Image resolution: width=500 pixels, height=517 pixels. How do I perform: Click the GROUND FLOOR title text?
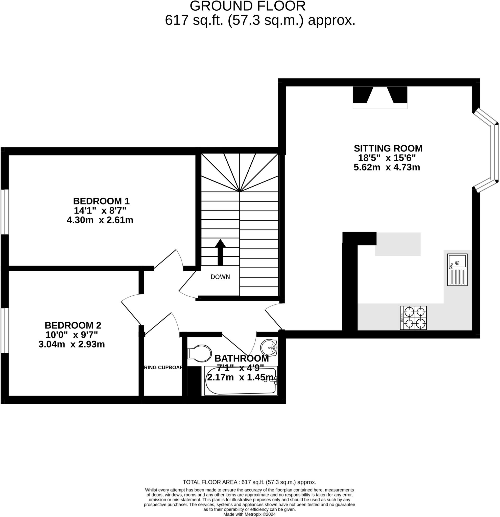247,6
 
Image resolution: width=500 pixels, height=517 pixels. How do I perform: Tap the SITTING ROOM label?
388,148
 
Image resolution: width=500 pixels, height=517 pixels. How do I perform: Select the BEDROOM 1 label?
101,201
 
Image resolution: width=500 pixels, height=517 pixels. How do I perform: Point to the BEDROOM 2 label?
73,325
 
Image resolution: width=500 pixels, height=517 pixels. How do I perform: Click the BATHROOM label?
242,358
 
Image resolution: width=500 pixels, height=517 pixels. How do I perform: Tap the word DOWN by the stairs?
220,277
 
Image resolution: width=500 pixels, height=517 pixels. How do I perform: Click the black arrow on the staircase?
220,252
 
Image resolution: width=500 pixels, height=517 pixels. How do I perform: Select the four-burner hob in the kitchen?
413,318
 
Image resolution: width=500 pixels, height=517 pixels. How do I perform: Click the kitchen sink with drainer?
457,270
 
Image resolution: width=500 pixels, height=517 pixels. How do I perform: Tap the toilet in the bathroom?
200,353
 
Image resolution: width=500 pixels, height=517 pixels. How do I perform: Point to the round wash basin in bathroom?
269,347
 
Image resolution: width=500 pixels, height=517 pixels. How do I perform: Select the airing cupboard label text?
163,368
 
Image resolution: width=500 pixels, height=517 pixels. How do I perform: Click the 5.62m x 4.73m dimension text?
387,167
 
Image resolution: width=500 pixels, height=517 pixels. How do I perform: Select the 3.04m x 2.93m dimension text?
72,344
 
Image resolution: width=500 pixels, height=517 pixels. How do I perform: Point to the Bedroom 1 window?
5,212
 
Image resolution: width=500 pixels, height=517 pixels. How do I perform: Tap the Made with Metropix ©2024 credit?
249,514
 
